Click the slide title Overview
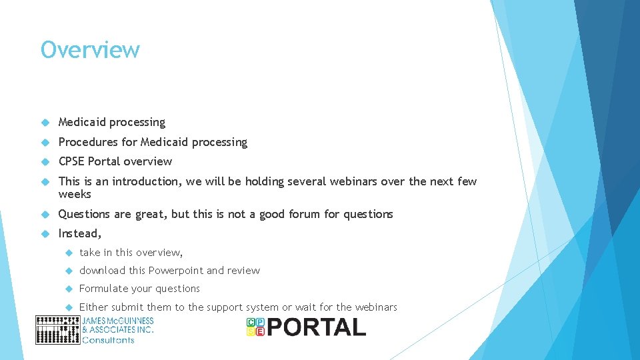coord(90,50)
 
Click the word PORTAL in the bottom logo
coord(317,327)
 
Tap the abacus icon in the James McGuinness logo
coord(57,330)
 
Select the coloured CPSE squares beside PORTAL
coord(255,327)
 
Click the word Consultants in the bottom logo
coord(108,340)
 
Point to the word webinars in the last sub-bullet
coord(376,307)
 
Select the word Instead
coord(79,233)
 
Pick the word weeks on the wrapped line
coord(75,194)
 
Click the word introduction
coord(145,181)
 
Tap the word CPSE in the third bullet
coord(71,161)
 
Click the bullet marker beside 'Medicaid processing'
coord(45,123)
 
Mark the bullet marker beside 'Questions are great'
coord(45,214)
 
